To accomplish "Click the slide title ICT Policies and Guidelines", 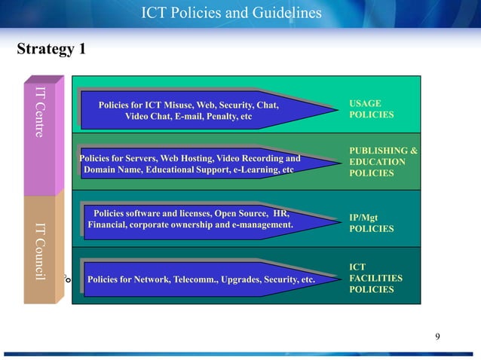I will (x=231, y=13).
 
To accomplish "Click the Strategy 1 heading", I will (x=51, y=50).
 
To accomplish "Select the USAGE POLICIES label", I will (x=371, y=109).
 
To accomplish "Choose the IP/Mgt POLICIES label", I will (x=371, y=223).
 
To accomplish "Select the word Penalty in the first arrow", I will (x=216, y=116).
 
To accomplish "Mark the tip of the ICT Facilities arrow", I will (x=338, y=279).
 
